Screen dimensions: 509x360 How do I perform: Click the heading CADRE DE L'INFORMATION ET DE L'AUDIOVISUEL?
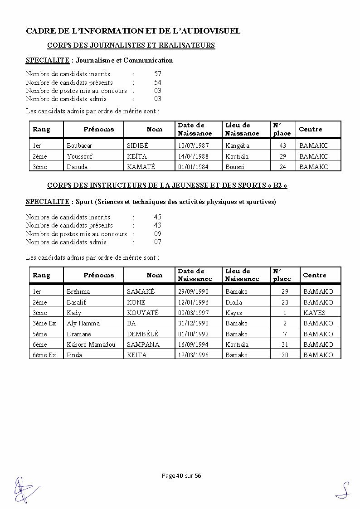(x=133, y=31)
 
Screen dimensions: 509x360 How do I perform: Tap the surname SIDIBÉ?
(x=137, y=145)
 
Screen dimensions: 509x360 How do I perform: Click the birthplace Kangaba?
(x=237, y=145)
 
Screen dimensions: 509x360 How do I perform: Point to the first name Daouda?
(x=77, y=167)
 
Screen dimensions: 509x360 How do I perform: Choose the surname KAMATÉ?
(x=141, y=167)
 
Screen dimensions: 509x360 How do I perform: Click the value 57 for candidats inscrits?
(x=157, y=74)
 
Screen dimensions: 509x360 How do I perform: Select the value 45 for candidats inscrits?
(x=157, y=217)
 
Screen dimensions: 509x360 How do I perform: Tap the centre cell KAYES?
(x=314, y=313)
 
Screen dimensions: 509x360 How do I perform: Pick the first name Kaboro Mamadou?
(x=91, y=344)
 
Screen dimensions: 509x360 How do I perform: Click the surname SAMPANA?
(x=143, y=344)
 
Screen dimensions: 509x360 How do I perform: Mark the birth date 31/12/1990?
(x=193, y=323)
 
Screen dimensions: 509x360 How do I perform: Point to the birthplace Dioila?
(x=234, y=302)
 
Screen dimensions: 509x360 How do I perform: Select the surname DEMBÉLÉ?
(x=142, y=334)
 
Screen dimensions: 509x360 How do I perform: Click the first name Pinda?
(x=74, y=355)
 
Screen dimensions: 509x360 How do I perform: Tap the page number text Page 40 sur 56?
(x=181, y=475)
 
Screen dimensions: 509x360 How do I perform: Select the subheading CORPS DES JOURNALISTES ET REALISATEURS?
(x=131, y=45)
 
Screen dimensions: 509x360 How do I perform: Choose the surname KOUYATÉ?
(x=143, y=313)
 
